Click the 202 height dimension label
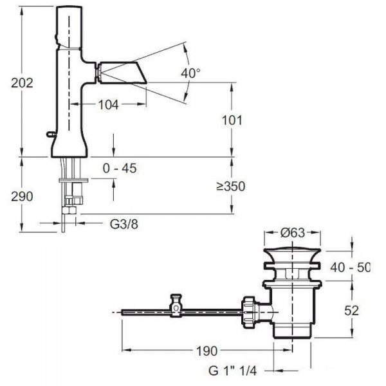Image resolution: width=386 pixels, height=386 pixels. click(22, 83)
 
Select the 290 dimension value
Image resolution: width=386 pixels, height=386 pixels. click(22, 196)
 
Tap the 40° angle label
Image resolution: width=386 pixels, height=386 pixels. click(190, 73)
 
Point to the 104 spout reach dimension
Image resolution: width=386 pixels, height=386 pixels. click(109, 105)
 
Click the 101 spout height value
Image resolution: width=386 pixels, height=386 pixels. click(232, 120)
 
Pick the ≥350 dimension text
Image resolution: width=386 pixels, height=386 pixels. click(231, 187)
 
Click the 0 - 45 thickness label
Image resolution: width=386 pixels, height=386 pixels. click(120, 169)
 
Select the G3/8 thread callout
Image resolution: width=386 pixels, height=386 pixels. click(124, 225)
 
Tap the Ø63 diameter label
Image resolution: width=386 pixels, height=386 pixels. click(293, 233)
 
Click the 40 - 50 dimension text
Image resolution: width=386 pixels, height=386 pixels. click(350, 268)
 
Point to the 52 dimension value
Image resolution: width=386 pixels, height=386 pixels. click(351, 311)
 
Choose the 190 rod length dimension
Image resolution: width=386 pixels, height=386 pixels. click(207, 351)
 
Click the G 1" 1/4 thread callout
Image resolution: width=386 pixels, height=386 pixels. click(233, 371)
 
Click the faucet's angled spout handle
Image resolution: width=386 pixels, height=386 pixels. click(122, 73)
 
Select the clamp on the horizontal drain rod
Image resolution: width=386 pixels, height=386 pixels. click(176, 304)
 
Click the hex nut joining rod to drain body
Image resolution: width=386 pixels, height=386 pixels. click(250, 312)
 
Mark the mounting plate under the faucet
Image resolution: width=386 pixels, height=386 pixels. click(73, 179)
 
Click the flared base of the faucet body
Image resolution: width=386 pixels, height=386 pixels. click(69, 147)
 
